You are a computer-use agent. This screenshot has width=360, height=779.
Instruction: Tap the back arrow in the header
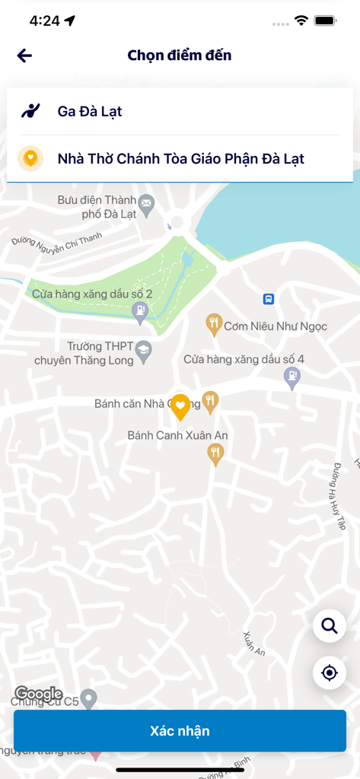[x=24, y=56]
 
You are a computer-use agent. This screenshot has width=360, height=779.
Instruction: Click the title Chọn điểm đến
[x=180, y=56]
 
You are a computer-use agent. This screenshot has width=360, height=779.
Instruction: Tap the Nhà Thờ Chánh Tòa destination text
[x=181, y=159]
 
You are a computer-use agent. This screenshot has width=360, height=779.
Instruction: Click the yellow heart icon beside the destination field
[x=30, y=158]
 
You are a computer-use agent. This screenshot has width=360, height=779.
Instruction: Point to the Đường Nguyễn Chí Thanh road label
[x=57, y=241]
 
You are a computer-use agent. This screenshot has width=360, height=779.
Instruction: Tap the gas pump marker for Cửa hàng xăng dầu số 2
[x=140, y=310]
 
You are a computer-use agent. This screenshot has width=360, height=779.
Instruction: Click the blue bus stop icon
[x=268, y=299]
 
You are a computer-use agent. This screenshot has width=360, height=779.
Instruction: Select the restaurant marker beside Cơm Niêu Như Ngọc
[x=215, y=324]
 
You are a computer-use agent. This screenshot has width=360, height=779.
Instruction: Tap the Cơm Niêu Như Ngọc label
[x=276, y=326]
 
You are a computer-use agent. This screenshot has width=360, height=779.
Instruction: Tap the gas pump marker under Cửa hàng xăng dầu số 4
[x=292, y=376]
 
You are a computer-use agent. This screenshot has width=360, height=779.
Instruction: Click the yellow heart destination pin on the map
[x=180, y=406]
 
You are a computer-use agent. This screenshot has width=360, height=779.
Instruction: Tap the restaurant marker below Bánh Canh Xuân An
[x=216, y=453]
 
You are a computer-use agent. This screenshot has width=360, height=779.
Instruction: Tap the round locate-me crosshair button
[x=330, y=672]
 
